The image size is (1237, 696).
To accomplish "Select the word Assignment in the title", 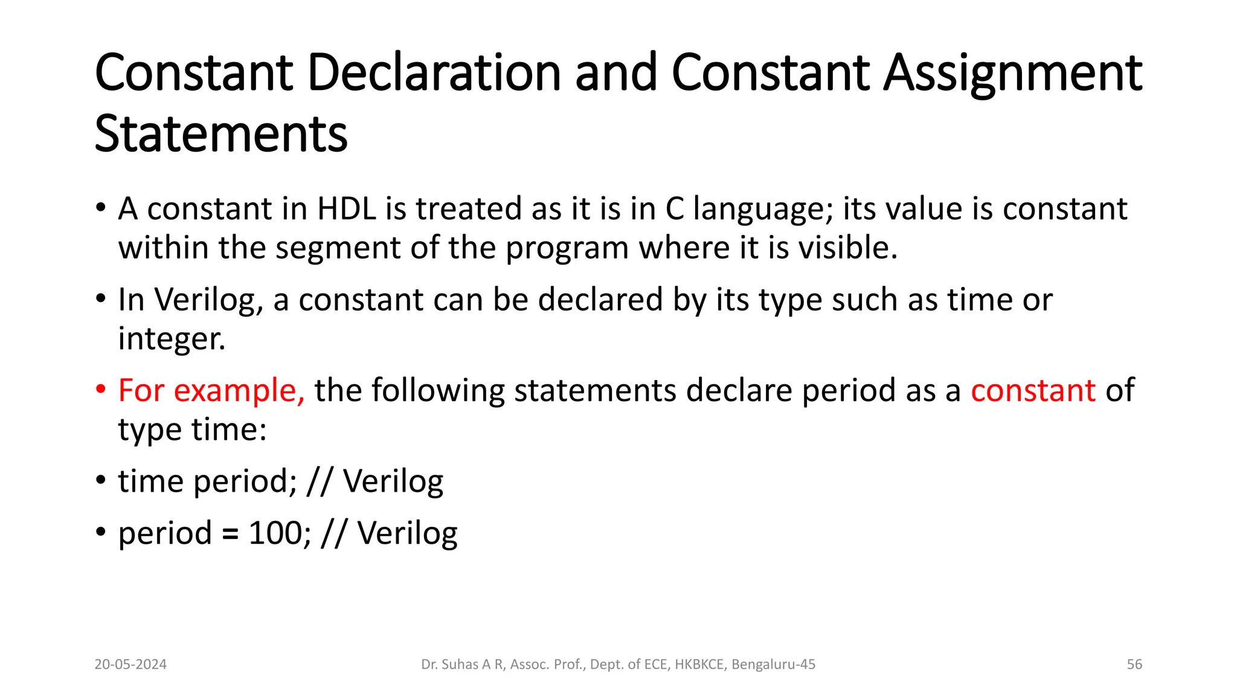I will (x=1013, y=74).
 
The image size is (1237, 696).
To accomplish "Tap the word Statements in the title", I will (x=221, y=134).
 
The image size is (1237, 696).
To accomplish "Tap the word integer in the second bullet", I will (x=171, y=339).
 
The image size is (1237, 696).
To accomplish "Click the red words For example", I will (x=211, y=391).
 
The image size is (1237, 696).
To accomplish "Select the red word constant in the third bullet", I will (x=1033, y=390).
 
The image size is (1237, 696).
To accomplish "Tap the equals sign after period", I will (x=230, y=534).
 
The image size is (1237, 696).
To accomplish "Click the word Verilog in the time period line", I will (x=393, y=482).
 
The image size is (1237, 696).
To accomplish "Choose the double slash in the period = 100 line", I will (x=334, y=533).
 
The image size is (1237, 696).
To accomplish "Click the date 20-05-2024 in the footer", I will (x=130, y=665).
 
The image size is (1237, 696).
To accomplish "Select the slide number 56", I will (x=1134, y=665).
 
